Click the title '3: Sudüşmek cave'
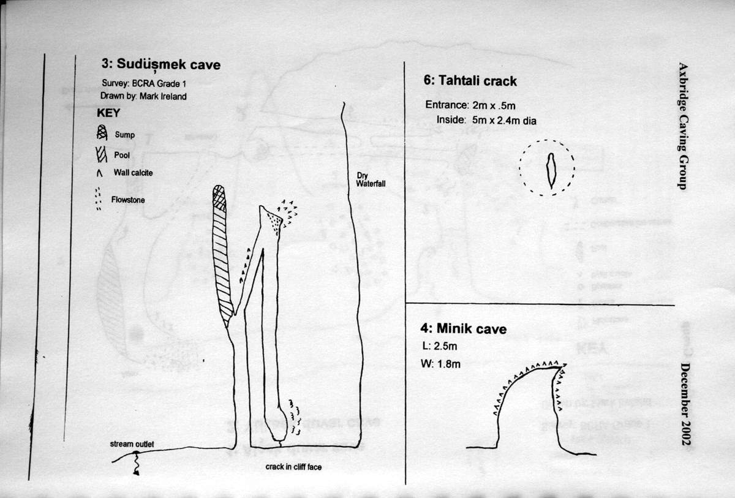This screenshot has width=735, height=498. coord(161,64)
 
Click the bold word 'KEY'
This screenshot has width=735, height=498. coord(108,113)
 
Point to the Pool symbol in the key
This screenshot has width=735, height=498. coord(102,154)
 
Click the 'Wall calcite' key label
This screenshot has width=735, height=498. coord(133,173)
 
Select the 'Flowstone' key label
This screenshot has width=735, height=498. coord(127,200)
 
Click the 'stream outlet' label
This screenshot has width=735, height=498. coord(132,443)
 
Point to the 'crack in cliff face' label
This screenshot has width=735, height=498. coord(294,467)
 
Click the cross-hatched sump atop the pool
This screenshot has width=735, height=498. coord(219,198)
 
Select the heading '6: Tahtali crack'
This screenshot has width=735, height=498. coord(470,81)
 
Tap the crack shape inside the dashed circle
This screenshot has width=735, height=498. coord(551,170)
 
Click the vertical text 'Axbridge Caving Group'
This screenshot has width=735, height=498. coord(683,126)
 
